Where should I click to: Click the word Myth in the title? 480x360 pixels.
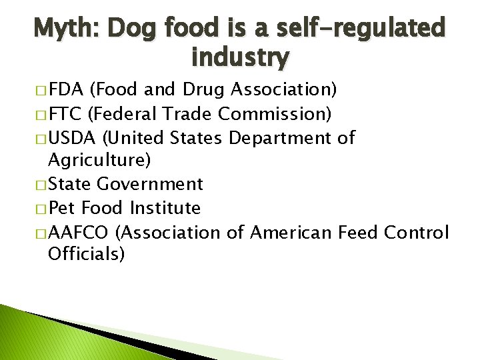63,29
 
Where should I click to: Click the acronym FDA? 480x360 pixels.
67,89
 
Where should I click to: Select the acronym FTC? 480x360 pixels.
65,113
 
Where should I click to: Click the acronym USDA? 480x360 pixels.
71,138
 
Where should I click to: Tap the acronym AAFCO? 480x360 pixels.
78,232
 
